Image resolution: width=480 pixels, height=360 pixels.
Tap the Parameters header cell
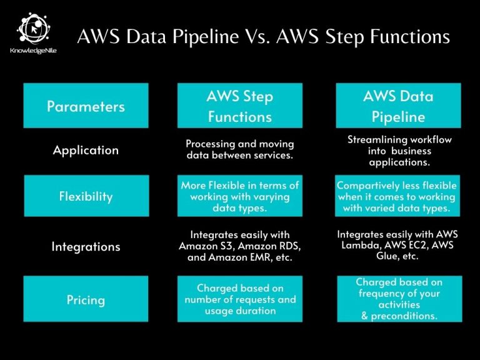pos(86,106)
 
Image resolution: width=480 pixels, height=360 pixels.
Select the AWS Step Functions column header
pos(239,106)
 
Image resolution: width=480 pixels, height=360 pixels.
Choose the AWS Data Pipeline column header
pos(398,106)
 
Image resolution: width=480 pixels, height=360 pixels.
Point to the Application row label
pos(86,150)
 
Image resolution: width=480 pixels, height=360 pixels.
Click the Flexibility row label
pos(86,196)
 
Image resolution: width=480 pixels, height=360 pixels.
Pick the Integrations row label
pos(86,247)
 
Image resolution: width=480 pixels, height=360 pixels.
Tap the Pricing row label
pos(86,300)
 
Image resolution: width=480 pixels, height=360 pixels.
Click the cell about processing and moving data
pos(239,150)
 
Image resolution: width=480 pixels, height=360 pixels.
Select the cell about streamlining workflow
pos(398,151)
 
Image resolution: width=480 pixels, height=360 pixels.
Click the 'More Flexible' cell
pos(239,197)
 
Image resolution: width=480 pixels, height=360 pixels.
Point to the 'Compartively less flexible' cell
pos(398,197)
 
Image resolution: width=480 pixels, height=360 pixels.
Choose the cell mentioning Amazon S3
pos(239,246)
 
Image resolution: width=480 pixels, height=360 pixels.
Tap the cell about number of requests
pos(239,299)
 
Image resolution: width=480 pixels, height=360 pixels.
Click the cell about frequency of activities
pos(398,299)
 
